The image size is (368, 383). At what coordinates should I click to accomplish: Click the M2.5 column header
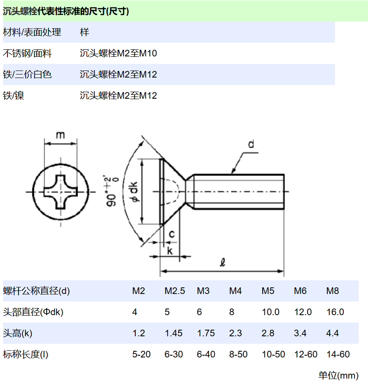[x=175, y=291]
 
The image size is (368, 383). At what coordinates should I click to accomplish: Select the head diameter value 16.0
[x=335, y=312]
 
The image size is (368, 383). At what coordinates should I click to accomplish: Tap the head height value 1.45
[x=173, y=333]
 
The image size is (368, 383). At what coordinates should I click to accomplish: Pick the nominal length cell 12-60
[x=305, y=354]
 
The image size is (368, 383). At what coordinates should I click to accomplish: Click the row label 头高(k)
[x=18, y=333]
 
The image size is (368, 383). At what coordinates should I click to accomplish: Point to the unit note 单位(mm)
[x=338, y=376]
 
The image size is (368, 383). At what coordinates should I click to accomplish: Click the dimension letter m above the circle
[x=60, y=134]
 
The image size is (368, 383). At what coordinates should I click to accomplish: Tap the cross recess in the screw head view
[x=60, y=192]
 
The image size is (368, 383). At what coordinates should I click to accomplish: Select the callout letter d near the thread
[x=251, y=144]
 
